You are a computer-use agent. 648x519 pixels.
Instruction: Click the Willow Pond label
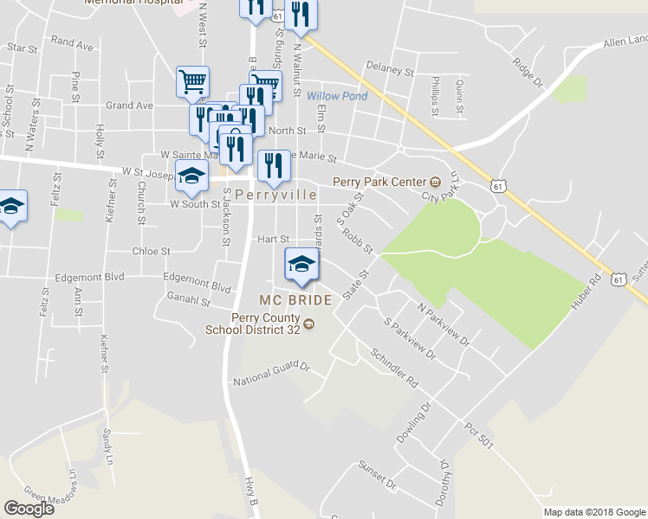337,96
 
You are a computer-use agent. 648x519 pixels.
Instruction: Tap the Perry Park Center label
379,183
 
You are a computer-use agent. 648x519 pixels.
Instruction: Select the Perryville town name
275,195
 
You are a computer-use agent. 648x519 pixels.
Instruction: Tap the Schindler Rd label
394,368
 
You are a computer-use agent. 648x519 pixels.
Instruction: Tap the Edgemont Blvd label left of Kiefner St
89,278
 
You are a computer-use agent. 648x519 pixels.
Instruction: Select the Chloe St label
151,252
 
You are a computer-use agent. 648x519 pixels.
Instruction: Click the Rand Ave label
72,41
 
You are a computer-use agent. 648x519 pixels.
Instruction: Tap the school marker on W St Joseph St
191,175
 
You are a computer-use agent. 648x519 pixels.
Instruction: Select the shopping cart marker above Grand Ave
192,81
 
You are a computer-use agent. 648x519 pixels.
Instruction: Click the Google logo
29,509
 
